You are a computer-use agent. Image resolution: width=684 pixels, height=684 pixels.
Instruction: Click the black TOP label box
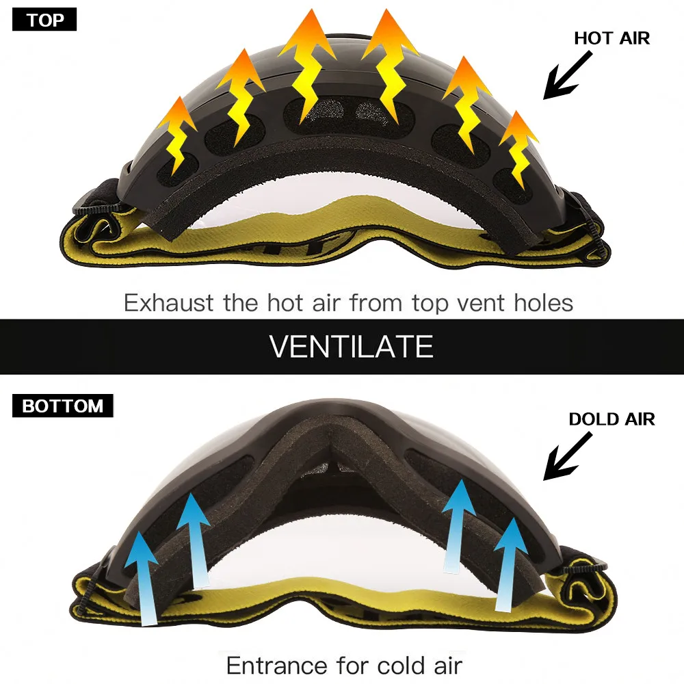pos(44,20)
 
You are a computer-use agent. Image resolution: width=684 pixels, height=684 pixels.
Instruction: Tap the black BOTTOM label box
pos(62,406)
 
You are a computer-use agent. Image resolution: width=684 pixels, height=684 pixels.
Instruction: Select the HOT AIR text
pos(611,38)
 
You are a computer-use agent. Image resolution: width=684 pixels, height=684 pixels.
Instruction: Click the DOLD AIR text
pos(611,419)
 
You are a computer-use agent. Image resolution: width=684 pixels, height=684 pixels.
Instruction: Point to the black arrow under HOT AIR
pos(568,75)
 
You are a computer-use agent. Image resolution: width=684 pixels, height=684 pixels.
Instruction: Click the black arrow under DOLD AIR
pos(568,456)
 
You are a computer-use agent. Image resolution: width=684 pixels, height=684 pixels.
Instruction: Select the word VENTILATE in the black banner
pos(351,347)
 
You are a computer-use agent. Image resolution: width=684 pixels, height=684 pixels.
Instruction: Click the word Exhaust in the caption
pos(169,303)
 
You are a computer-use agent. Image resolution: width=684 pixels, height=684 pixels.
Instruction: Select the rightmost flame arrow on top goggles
pos(518,149)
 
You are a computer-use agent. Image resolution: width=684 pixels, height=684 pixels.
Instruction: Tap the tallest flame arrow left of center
pos(307,66)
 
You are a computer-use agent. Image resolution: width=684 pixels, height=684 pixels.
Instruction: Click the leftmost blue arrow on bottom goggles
pos(144,578)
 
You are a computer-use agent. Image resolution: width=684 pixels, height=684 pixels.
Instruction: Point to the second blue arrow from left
pos(194,541)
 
